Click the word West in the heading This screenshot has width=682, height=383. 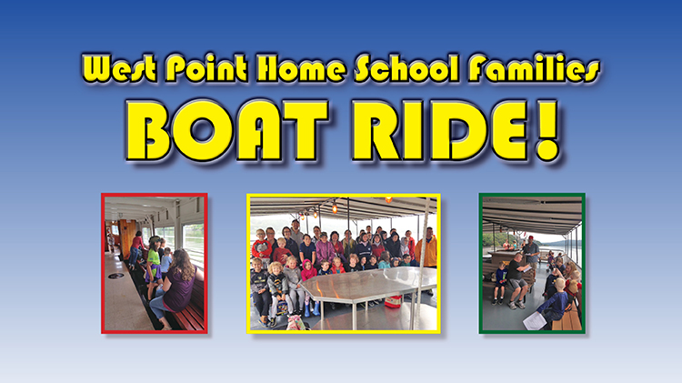coord(119,68)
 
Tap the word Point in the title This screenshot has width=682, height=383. coord(206,68)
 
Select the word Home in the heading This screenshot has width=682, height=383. coord(301,68)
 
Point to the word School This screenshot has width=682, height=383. coord(406,68)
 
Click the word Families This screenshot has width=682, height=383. coord(534,68)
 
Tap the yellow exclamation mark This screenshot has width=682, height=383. coord(547,130)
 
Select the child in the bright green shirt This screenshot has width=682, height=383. coord(153,266)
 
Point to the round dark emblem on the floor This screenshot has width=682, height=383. coord(115,276)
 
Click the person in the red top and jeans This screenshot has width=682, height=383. coord(136,249)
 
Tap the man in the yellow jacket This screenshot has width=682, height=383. coord(426,248)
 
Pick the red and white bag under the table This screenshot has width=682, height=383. coord(394,301)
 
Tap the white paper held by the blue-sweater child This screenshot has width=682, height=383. coord(535,321)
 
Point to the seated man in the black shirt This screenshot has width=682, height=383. coord(518,279)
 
